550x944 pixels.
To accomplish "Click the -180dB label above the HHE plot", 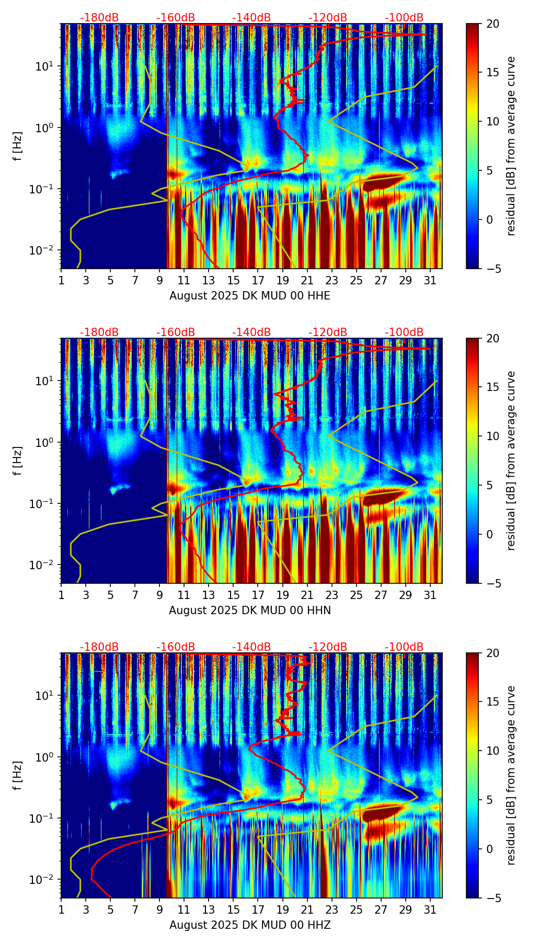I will [99, 18].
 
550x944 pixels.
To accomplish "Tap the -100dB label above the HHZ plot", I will [404, 647].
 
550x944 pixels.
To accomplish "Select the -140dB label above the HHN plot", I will [251, 332].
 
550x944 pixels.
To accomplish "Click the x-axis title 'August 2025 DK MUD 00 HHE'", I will [250, 296].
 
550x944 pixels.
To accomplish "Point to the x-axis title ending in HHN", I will [250, 611].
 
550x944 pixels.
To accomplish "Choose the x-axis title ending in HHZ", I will [250, 925].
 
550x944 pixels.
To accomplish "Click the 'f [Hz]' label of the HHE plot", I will [18, 146].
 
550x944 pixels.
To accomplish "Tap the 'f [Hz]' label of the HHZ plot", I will [18, 776].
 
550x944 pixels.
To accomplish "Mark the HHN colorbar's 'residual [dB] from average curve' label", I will [511, 461].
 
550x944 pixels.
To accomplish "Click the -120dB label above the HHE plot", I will [328, 18].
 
